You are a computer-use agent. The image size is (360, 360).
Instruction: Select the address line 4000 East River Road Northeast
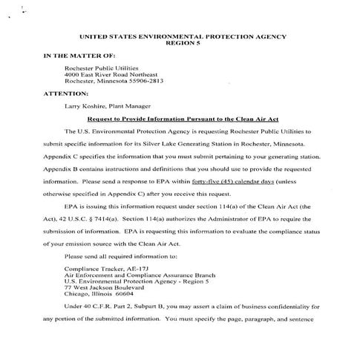click(111, 74)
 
